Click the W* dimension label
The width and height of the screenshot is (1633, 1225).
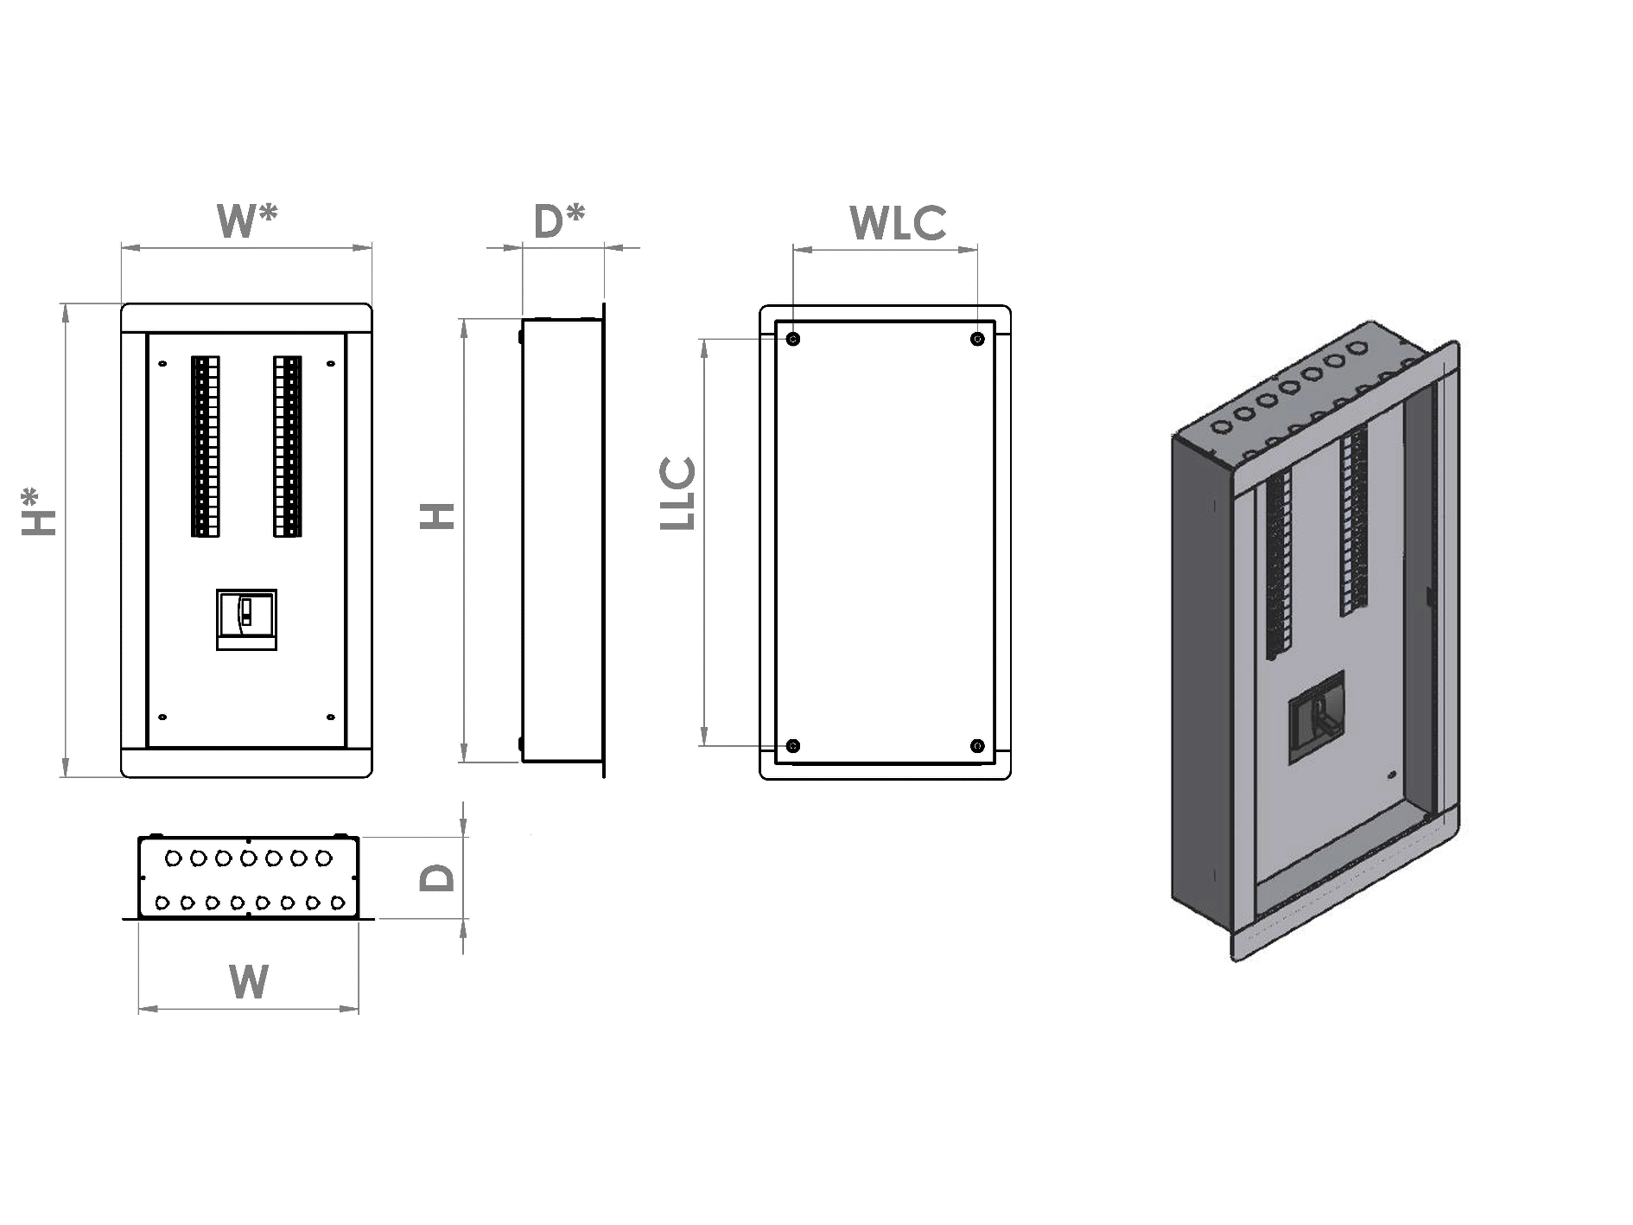pyautogui.click(x=247, y=221)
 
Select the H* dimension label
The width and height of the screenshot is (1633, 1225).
pyautogui.click(x=39, y=512)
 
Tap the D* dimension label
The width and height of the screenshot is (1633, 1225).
pyautogui.click(x=559, y=221)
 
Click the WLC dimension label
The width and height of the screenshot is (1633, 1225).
pyautogui.click(x=898, y=224)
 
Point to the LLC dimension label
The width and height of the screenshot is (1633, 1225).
pyautogui.click(x=678, y=493)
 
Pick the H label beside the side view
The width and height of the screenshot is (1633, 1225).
pyautogui.click(x=438, y=516)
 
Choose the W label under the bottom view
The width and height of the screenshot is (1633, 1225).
pyautogui.click(x=249, y=983)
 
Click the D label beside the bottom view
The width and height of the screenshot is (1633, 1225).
pyautogui.click(x=437, y=878)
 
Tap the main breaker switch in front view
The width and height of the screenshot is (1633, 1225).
pyautogui.click(x=246, y=619)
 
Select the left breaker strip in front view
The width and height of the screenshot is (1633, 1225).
pyautogui.click(x=205, y=446)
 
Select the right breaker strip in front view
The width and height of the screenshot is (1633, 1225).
pyautogui.click(x=288, y=446)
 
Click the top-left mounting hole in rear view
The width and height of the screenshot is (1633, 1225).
pyautogui.click(x=793, y=339)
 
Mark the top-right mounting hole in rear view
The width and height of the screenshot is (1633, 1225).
pyautogui.click(x=977, y=339)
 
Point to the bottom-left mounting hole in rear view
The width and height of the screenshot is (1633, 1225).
pyautogui.click(x=793, y=745)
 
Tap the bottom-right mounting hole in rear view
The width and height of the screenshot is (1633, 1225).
pyautogui.click(x=977, y=745)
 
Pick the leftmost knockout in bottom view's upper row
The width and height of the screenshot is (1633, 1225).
pyautogui.click(x=173, y=858)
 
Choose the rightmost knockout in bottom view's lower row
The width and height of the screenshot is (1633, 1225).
pyautogui.click(x=338, y=903)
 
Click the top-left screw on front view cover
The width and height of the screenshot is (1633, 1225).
pyautogui.click(x=162, y=365)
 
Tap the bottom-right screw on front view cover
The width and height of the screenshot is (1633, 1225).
pyautogui.click(x=330, y=717)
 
